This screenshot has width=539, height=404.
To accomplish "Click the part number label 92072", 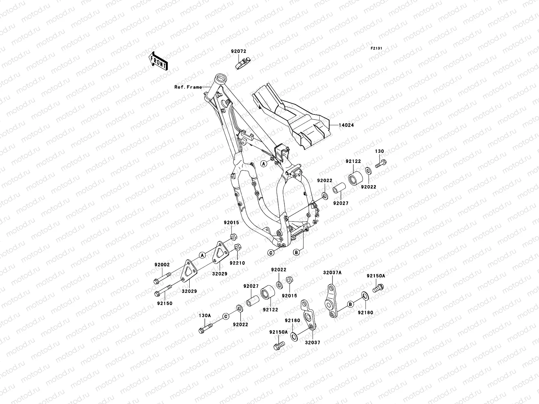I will pyautogui.click(x=239, y=52).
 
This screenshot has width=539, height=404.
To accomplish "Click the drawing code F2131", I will pyautogui.click(x=376, y=48).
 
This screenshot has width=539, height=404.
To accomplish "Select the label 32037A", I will pyautogui.click(x=332, y=272).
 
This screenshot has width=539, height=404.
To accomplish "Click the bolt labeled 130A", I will pyautogui.click(x=205, y=326).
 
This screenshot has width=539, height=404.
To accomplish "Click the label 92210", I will pyautogui.click(x=237, y=263).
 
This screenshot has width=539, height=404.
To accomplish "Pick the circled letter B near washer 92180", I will pyautogui.click(x=350, y=304).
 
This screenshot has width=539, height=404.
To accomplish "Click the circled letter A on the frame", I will pyautogui.click(x=264, y=164).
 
